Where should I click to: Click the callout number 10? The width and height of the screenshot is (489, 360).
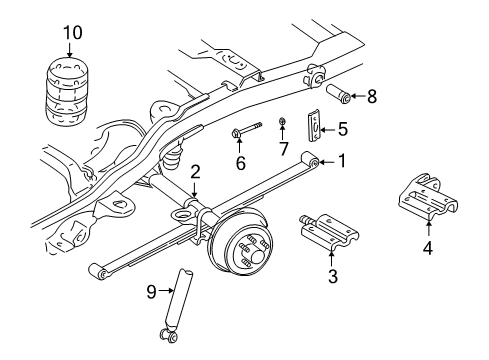(69, 33)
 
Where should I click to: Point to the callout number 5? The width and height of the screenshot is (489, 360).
(342, 128)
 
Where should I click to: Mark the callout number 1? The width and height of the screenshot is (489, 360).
(342, 160)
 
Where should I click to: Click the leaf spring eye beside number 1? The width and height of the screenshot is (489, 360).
(314, 161)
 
